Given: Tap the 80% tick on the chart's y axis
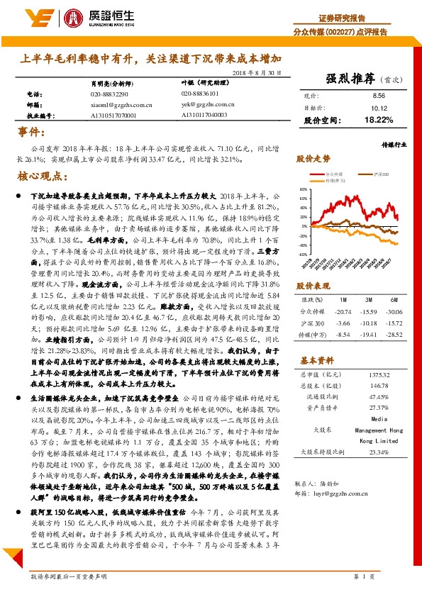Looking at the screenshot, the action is [x=304, y=190].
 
